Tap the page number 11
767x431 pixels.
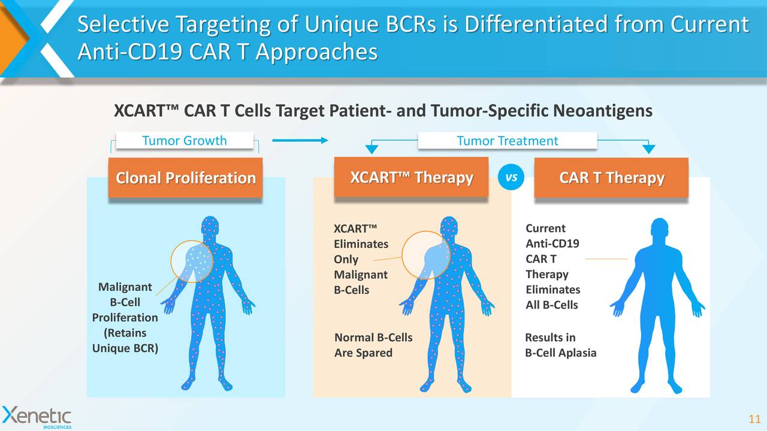[x=754, y=418]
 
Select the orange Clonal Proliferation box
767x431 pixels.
[x=185, y=178]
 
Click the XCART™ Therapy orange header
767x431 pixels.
[x=411, y=178]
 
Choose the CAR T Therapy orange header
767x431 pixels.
[x=611, y=178]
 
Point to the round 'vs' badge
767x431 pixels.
[x=511, y=178]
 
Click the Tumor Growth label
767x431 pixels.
[x=184, y=141]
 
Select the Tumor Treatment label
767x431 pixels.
[x=507, y=141]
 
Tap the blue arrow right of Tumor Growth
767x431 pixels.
[x=300, y=141]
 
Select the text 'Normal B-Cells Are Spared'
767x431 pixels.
[x=373, y=345]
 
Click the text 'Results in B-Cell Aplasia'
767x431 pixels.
[x=560, y=345]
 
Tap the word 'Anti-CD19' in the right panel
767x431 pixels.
[x=552, y=244]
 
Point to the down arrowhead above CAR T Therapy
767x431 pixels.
[x=649, y=149]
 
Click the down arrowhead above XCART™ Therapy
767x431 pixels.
[x=372, y=149]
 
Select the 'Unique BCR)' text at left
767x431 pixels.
[x=125, y=348]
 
